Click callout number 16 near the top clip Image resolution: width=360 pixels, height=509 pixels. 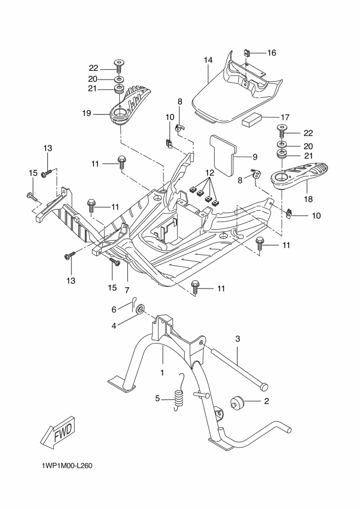pos(271,53)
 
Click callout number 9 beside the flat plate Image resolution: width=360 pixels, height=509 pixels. pos(254,157)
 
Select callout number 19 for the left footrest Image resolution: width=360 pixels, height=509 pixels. pos(86,114)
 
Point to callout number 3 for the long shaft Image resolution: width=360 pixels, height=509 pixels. pos(237,339)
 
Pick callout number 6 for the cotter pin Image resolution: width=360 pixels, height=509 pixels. pos(114,309)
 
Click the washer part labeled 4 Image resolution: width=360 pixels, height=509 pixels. pos(139,310)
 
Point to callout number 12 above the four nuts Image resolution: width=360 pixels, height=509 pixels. pos(207,173)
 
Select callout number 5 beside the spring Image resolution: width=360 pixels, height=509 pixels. pos(157,398)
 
